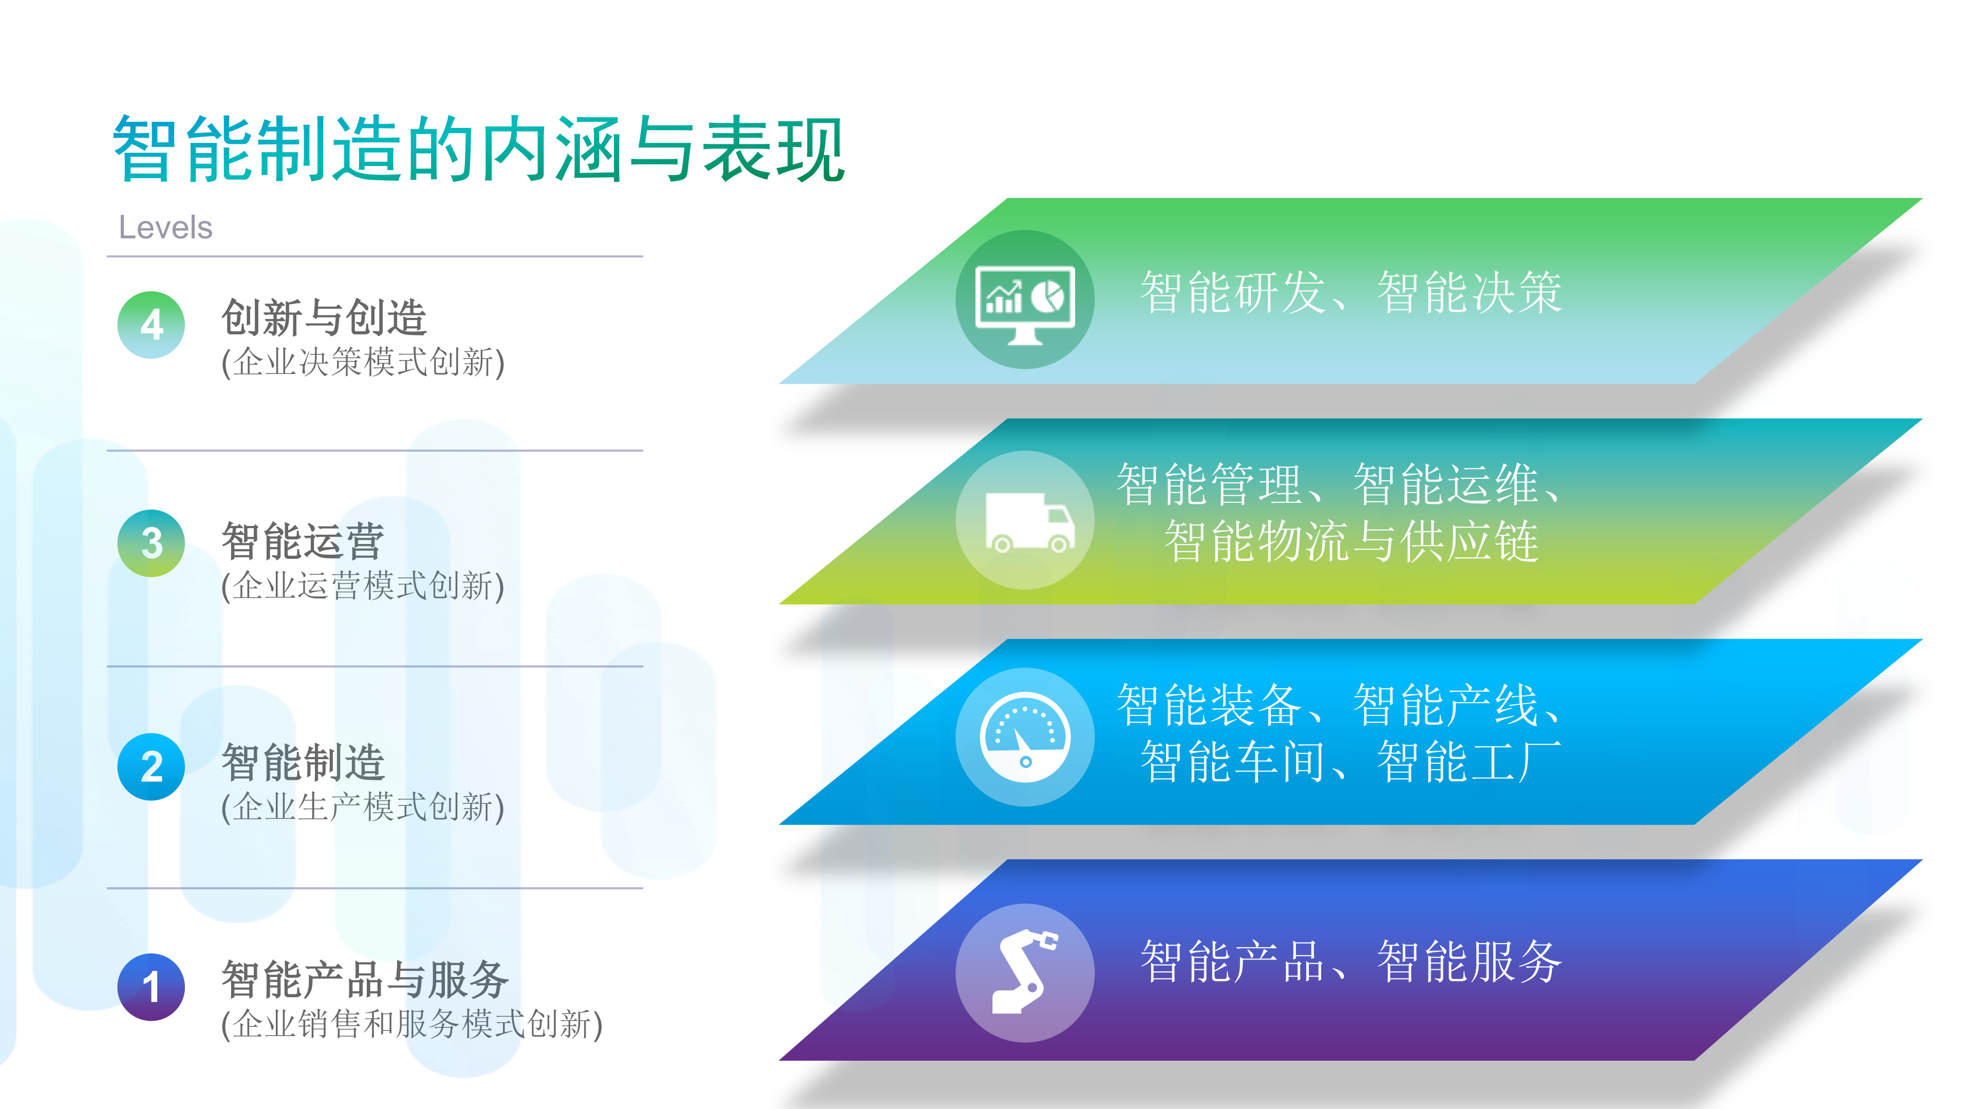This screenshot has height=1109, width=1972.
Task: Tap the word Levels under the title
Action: click(x=165, y=228)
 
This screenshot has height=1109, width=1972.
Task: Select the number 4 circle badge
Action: click(x=152, y=325)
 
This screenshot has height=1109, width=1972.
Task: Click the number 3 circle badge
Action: click(x=152, y=543)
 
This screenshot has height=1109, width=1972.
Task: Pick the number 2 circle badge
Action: click(x=152, y=767)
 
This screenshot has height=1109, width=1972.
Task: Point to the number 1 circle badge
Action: click(x=152, y=987)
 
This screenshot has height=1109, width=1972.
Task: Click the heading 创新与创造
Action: click(x=324, y=317)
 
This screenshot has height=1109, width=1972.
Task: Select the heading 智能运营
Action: click(x=303, y=541)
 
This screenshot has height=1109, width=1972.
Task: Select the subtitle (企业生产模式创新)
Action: click(x=363, y=808)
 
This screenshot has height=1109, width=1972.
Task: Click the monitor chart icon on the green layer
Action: click(x=1025, y=300)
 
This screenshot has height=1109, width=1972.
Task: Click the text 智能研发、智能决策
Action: click(x=1351, y=292)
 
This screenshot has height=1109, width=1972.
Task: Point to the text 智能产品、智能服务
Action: click(x=1351, y=962)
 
